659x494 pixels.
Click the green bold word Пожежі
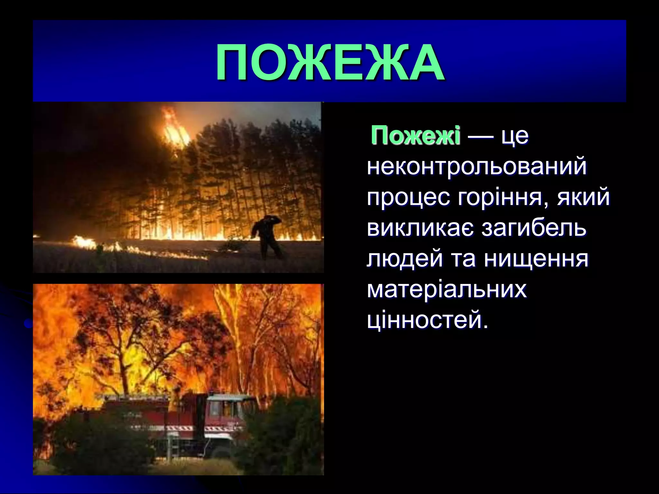point(416,136)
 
